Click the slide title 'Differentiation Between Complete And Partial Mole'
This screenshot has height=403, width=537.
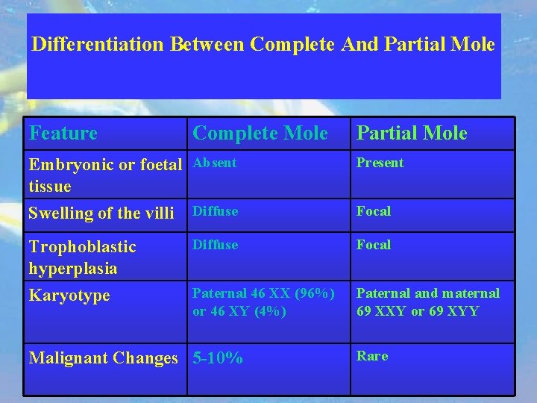coord(263,44)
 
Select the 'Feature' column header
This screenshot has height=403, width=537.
coord(63,134)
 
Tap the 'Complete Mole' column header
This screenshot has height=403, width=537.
coord(260,134)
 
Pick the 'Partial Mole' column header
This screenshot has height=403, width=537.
coord(412,134)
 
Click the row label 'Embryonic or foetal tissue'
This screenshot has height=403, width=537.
coord(104,175)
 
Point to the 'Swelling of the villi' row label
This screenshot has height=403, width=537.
coord(101,213)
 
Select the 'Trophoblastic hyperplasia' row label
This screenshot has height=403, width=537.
coord(82,257)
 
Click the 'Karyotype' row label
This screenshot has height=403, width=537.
coord(69,296)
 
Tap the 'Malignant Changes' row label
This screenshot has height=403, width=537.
coord(103,358)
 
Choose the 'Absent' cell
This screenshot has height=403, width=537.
coord(215,163)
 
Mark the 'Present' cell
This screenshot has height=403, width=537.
coord(380,163)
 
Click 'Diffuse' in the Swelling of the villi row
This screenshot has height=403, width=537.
coord(215,211)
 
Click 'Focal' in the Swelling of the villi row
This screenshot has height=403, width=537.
coord(373,211)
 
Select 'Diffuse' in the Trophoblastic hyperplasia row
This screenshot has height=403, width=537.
coord(215,245)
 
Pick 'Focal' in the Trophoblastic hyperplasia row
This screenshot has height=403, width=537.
coord(373,245)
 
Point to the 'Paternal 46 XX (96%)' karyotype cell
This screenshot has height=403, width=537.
coord(261,294)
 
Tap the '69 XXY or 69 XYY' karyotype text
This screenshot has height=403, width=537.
coord(418,311)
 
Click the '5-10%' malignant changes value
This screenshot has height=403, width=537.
coord(218,358)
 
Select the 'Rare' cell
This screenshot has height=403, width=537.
coord(372,356)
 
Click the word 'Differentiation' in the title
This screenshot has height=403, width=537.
coord(98,44)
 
